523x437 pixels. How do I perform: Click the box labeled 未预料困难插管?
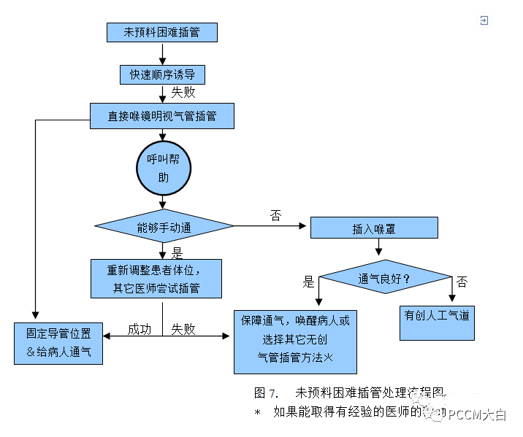[161, 32]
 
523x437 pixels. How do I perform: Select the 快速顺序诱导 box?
[162, 74]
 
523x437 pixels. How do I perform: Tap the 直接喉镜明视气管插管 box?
[161, 116]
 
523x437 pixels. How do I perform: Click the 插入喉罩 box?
[374, 228]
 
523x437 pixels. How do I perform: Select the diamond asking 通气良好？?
[384, 279]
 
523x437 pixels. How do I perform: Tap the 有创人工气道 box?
[437, 317]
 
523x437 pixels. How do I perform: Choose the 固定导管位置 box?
[58, 343]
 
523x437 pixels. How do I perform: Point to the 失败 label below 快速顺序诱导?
[183, 93]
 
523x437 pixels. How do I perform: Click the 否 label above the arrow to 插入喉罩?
[275, 215]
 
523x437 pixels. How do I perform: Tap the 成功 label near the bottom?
[139, 329]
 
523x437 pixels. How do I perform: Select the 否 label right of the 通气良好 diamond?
[462, 282]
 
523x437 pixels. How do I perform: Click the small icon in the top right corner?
[484, 21]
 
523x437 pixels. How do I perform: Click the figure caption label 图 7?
[267, 392]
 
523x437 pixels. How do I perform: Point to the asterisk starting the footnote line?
[257, 412]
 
